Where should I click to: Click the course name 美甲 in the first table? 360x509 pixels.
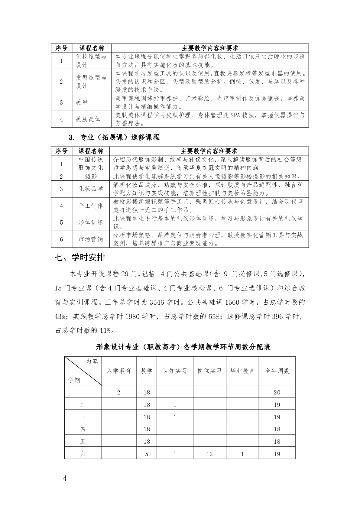point(82,102)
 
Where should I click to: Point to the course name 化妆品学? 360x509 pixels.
point(91,189)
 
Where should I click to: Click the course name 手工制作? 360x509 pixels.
point(91,206)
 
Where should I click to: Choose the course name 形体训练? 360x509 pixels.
point(91,222)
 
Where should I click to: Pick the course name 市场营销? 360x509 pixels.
point(91,239)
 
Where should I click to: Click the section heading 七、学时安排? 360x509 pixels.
point(80,258)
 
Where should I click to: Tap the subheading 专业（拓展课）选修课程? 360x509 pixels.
point(119,138)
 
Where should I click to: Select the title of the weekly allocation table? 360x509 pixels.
point(183,347)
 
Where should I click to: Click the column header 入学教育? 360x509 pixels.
point(119,371)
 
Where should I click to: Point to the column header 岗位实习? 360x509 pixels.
point(209,371)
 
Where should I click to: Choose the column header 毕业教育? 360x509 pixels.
point(242,371)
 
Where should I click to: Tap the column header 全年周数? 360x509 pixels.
point(277,371)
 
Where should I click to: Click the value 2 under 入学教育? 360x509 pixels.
point(119,393)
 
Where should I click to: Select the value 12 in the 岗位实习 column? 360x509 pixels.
point(209,454)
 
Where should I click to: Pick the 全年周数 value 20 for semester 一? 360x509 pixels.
point(277,393)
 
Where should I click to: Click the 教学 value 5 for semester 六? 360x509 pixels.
point(147,454)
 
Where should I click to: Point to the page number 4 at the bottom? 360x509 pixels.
point(64,478)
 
